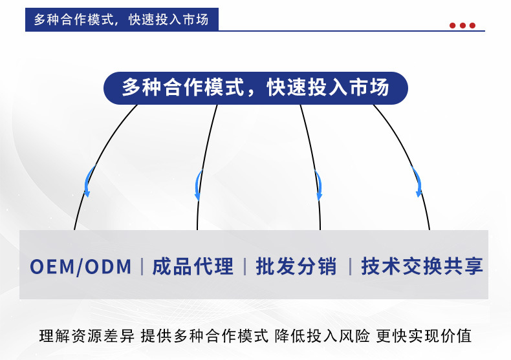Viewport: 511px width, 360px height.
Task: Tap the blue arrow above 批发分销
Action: [318, 184]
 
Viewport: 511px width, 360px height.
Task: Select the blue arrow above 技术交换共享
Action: [417, 182]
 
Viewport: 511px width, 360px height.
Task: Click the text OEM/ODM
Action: [81, 266]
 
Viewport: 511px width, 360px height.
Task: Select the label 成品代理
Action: [192, 266]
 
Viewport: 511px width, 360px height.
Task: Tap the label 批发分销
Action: [296, 266]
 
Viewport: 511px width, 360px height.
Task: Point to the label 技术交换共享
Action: [422, 266]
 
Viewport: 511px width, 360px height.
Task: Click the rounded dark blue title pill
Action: [255, 88]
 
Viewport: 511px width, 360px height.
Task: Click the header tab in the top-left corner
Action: [122, 19]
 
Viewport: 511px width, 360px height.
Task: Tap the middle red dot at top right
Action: [462, 26]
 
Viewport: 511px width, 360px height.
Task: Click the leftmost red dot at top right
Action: [453, 26]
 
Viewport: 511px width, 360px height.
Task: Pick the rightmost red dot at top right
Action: [472, 26]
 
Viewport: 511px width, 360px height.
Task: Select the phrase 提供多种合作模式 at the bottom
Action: [204, 336]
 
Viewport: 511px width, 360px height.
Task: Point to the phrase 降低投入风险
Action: [322, 336]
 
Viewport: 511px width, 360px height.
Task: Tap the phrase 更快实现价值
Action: [424, 336]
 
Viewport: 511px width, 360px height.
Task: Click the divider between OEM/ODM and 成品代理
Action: [142, 266]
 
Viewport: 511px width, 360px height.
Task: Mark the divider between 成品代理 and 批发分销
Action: [245, 266]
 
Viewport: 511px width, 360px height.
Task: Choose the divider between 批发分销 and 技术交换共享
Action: [349, 266]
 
